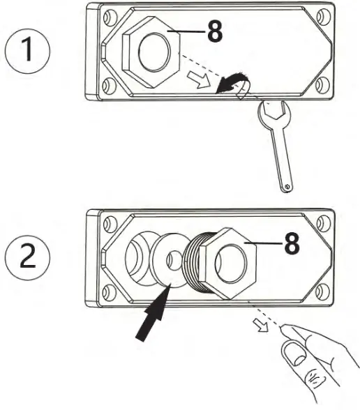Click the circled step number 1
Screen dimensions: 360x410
[27, 50]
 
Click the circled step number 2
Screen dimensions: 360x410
[27, 257]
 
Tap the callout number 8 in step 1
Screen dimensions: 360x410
[215, 31]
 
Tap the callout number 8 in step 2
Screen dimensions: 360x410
[292, 243]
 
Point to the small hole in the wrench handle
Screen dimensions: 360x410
[287, 186]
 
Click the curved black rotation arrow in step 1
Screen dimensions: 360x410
[233, 82]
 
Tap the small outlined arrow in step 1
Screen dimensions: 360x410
[199, 79]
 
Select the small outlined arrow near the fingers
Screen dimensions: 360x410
[261, 325]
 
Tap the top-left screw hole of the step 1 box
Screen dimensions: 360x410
[108, 17]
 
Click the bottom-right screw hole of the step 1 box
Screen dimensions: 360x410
[322, 84]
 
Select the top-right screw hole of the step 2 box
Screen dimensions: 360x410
[324, 224]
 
